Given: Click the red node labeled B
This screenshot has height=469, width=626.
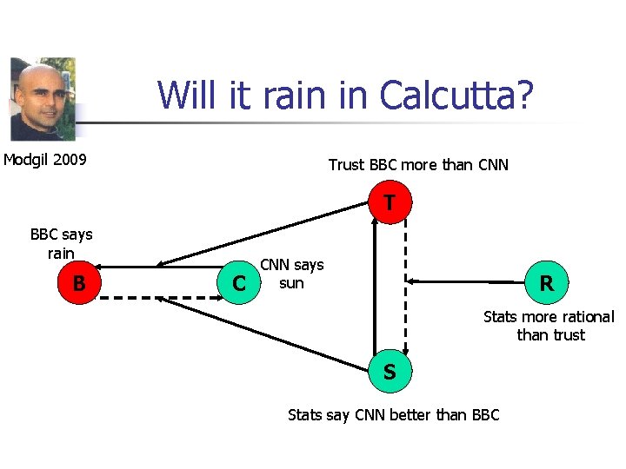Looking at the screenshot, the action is [x=79, y=283].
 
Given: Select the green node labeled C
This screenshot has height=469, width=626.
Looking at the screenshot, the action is [x=238, y=283].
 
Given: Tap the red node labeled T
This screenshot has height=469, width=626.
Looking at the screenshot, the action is [x=390, y=204].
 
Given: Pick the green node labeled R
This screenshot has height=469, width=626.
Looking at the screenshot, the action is [x=546, y=283].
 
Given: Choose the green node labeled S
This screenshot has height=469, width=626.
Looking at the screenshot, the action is [x=390, y=372].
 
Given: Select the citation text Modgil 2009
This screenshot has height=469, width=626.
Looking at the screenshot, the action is [x=45, y=160].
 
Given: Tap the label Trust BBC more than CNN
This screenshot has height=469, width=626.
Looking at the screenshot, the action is [x=418, y=165].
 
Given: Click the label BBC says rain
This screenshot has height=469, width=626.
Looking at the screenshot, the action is [x=61, y=244].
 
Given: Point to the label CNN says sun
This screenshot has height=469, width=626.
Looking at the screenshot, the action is [x=292, y=274].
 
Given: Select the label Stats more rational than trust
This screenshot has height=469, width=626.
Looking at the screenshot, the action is [x=549, y=326].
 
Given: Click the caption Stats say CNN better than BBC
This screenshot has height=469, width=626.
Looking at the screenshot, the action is [x=393, y=415].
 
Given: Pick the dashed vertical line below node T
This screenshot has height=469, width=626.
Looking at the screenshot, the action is [x=405, y=287].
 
